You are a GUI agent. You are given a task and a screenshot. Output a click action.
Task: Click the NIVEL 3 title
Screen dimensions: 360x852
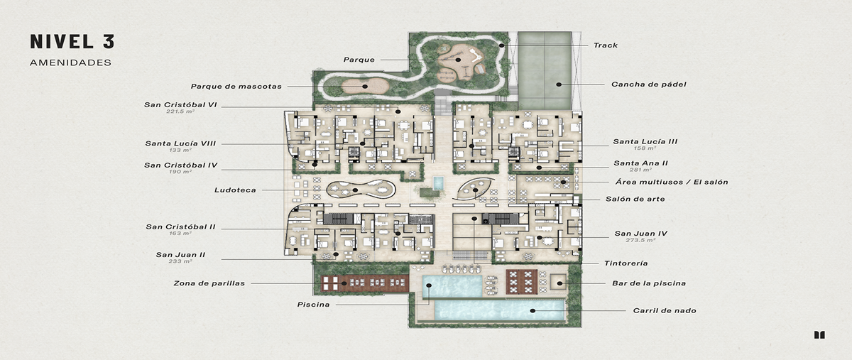click(72, 41)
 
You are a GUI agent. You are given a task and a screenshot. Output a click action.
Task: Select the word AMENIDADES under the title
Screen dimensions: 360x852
click(70, 62)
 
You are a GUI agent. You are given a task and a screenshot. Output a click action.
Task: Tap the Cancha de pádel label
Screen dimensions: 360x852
click(648, 84)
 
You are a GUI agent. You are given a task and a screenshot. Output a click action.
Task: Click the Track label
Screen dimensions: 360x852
click(605, 45)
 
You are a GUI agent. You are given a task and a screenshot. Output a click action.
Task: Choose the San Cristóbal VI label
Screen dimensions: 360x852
click(180, 105)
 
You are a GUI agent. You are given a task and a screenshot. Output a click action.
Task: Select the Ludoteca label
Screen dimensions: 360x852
click(235, 190)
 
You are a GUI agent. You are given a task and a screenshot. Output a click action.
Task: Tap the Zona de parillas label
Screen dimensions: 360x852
click(209, 283)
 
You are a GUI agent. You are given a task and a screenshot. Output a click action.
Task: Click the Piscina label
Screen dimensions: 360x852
click(313, 305)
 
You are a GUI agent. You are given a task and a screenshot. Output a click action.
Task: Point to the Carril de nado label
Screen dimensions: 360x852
click(664, 310)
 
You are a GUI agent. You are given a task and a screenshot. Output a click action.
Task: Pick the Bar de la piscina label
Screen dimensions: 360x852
click(648, 283)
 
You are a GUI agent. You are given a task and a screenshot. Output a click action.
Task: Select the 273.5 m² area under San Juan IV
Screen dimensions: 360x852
click(640, 241)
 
